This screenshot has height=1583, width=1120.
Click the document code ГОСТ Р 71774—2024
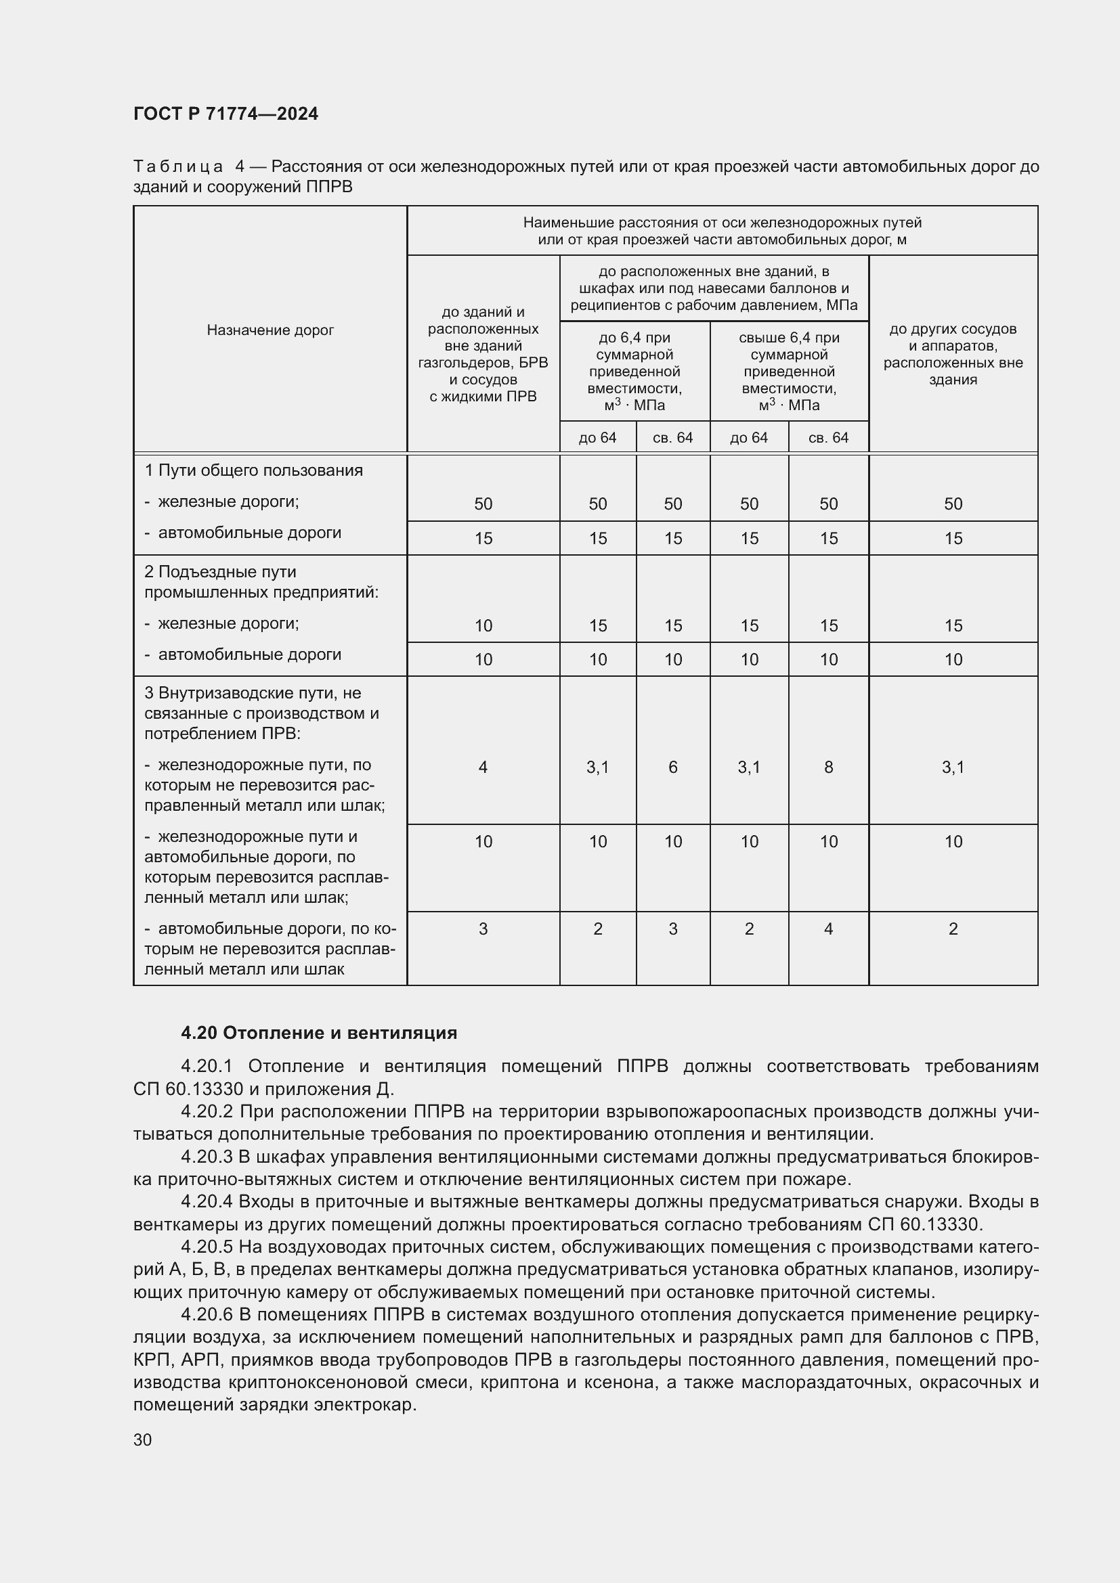[225, 114]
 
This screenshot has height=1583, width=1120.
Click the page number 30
[143, 1440]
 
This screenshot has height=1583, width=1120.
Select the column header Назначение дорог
[270, 330]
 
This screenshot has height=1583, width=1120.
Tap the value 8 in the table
[828, 767]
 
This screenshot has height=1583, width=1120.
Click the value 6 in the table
[672, 767]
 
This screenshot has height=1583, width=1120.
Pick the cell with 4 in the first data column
[483, 767]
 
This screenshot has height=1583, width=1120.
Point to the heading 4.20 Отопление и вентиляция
[319, 1032]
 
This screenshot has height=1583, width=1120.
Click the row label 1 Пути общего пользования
[253, 470]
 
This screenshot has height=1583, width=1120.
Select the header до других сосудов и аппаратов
[953, 354]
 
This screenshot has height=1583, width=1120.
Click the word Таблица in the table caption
[178, 167]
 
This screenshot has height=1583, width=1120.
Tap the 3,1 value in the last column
[953, 767]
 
